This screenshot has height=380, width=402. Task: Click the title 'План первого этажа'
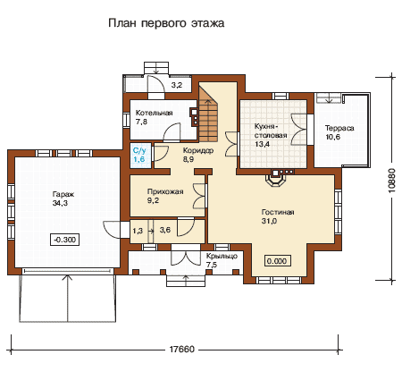166,23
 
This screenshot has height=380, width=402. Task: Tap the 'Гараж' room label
63,194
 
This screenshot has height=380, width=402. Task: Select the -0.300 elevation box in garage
65,240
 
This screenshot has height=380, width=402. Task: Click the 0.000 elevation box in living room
277,261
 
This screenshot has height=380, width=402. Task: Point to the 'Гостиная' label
278,212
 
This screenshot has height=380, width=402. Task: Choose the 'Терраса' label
339,129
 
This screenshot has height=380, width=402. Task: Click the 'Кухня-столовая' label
271,131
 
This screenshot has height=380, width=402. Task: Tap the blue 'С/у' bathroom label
139,150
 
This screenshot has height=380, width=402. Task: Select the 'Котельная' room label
154,113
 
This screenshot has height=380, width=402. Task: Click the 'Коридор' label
198,150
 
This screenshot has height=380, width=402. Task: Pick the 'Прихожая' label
165,191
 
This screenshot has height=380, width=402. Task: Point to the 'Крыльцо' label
222,256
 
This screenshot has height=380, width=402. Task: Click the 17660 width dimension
181,349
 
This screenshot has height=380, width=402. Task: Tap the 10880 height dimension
392,180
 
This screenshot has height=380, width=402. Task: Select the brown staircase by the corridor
208,114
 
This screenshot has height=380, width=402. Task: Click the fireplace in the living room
277,182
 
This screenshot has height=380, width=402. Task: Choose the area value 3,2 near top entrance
177,85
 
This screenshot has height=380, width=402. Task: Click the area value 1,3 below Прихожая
138,231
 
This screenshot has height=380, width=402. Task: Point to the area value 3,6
165,230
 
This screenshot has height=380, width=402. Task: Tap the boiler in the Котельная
195,117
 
